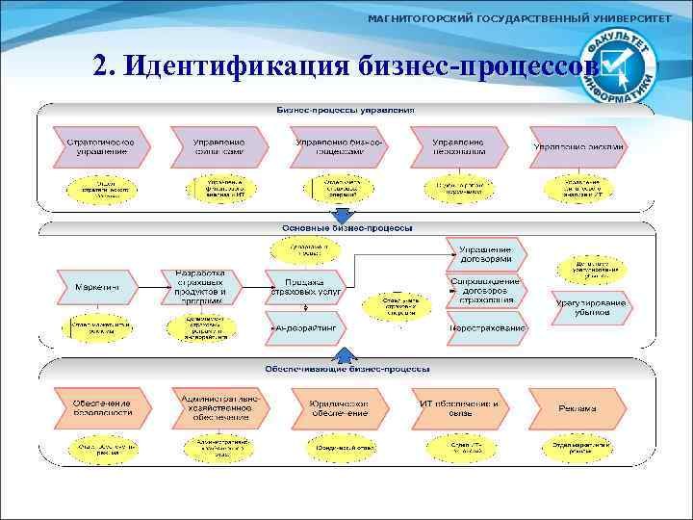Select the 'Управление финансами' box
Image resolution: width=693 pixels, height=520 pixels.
click(218, 146)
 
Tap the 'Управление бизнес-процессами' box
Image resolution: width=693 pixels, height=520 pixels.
click(343, 146)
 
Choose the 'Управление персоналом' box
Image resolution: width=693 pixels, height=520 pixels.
click(458, 146)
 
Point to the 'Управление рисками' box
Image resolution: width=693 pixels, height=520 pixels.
click(580, 146)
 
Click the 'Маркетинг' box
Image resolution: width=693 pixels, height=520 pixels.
click(97, 286)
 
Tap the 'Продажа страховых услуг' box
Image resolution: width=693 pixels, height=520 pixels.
click(306, 286)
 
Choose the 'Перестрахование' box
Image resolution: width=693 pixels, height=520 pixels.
click(487, 328)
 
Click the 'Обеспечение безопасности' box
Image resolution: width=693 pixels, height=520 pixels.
click(100, 407)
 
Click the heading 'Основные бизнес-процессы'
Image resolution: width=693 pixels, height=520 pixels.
click(346, 228)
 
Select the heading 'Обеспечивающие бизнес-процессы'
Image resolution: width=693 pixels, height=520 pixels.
click(346, 369)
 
